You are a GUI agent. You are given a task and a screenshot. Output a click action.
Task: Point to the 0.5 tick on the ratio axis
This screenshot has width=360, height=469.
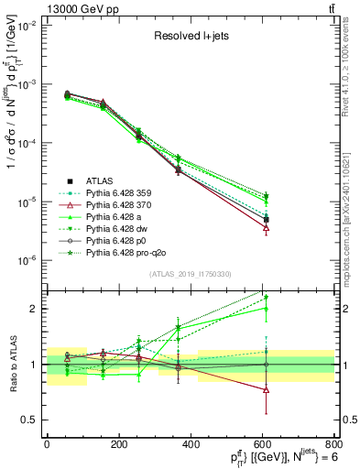coord(30,420)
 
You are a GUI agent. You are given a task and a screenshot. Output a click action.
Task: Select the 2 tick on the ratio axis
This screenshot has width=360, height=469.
coord(34,309)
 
